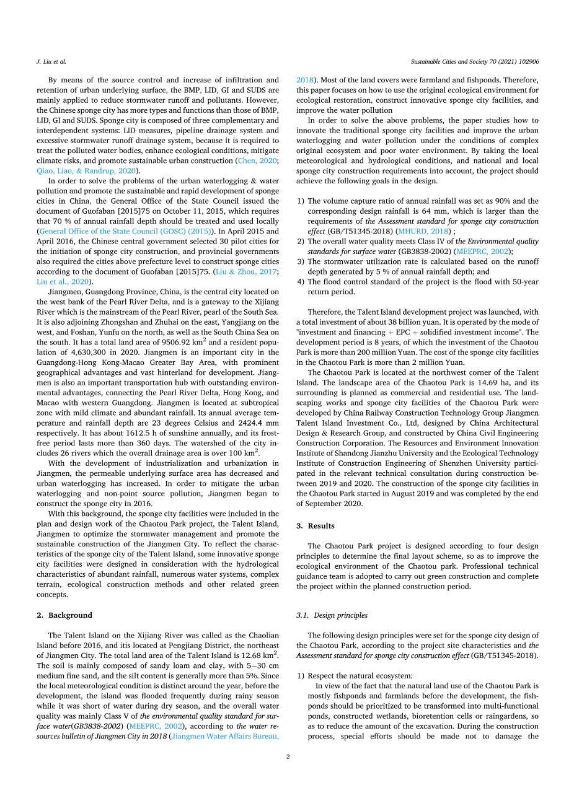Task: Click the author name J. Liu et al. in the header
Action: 51,62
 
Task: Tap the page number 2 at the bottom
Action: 288,756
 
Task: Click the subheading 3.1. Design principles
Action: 332,615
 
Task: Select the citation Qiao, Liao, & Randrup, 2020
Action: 88,171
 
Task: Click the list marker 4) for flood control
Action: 300,282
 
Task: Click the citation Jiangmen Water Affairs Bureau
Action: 224,736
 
